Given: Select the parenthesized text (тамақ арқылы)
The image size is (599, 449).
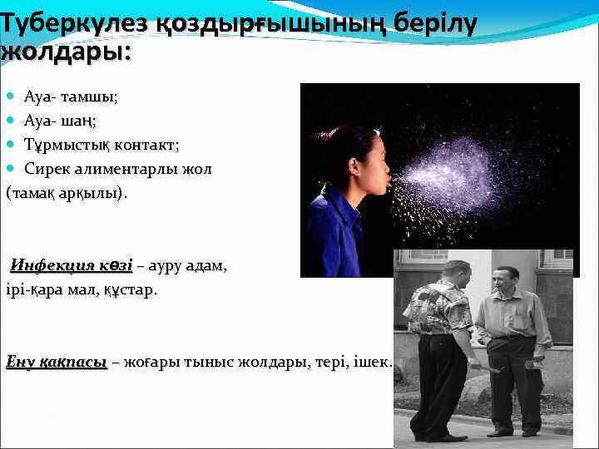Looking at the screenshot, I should [67, 193].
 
